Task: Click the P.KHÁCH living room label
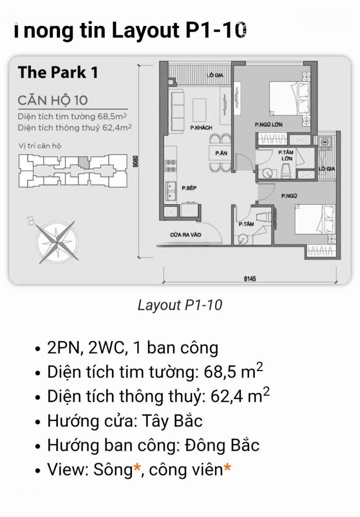click(201, 128)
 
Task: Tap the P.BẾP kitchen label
click(189, 188)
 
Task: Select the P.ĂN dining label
click(221, 153)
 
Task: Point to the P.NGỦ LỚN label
click(269, 125)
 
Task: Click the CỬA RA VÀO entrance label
click(185, 235)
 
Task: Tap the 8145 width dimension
click(249, 278)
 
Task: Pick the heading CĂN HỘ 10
click(53, 100)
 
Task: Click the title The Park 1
click(58, 72)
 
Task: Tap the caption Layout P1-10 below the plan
click(180, 305)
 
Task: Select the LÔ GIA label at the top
click(215, 75)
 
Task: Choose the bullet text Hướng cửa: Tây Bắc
click(125, 421)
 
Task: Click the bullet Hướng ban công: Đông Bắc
click(153, 445)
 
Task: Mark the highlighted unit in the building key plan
click(83, 162)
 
